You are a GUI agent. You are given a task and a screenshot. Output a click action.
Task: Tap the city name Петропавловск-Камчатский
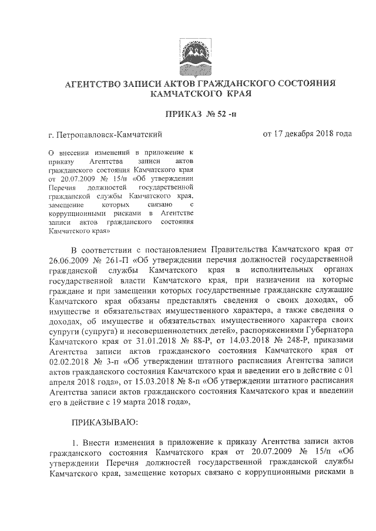pos(111,136)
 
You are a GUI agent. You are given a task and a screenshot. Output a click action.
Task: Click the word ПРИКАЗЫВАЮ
pos(105,421)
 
